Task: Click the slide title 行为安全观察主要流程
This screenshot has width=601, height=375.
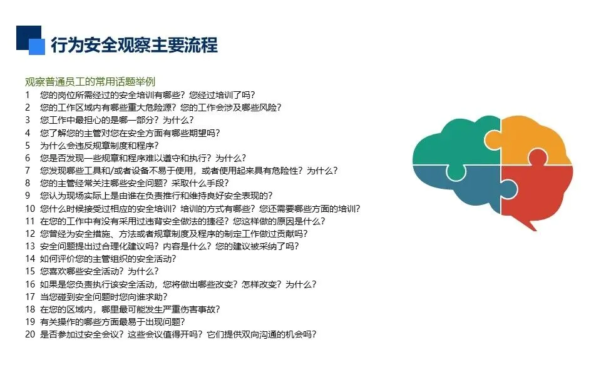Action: coord(134,45)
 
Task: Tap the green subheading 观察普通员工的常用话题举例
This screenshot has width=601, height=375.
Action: coord(90,81)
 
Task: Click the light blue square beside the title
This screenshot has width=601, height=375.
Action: coord(37,47)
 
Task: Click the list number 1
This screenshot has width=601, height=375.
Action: coord(27,95)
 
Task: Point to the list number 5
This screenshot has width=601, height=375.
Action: coord(27,146)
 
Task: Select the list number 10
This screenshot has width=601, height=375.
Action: coord(30,209)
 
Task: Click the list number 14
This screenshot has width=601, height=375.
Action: coord(30,259)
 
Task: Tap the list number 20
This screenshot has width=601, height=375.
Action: coord(30,334)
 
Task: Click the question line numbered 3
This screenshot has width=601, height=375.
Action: coord(117,120)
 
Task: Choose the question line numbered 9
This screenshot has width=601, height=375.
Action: coord(157,196)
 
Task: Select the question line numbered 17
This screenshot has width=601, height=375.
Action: coord(104,297)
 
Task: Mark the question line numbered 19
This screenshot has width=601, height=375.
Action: coord(112,322)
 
